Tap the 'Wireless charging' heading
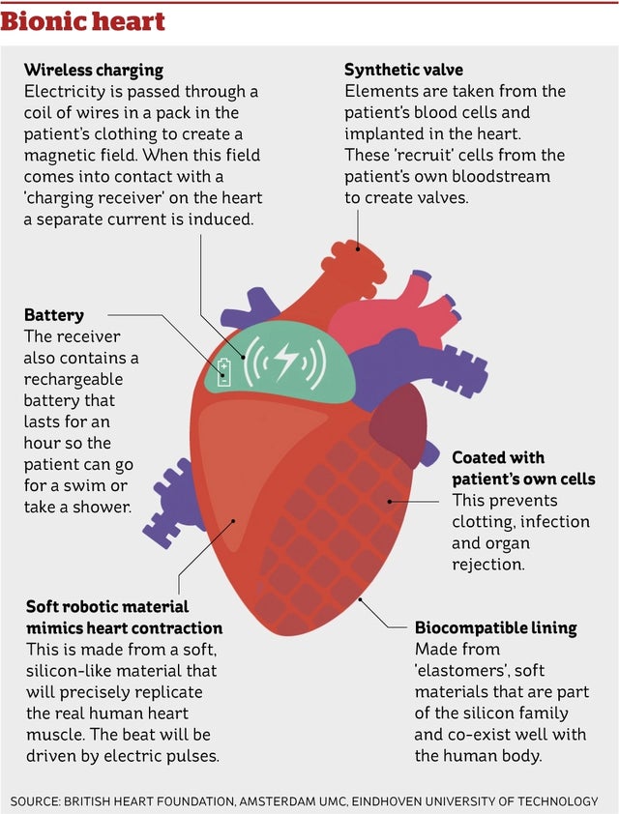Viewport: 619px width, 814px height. (94, 70)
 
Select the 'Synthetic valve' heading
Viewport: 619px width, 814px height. (403, 70)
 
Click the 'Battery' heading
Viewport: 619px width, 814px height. (53, 315)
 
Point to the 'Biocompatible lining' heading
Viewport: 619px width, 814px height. (495, 628)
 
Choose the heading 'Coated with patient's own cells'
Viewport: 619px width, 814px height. (523, 468)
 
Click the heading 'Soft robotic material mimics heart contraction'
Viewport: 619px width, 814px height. (124, 617)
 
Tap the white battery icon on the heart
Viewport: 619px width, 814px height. (223, 371)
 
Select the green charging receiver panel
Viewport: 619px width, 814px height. (280, 363)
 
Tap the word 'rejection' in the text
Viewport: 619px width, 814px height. (488, 565)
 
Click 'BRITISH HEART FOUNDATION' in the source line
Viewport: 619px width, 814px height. (150, 801)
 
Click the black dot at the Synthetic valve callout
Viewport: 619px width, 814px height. (358, 249)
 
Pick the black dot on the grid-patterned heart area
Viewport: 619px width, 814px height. (390, 502)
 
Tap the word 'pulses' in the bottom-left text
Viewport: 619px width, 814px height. (192, 756)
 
